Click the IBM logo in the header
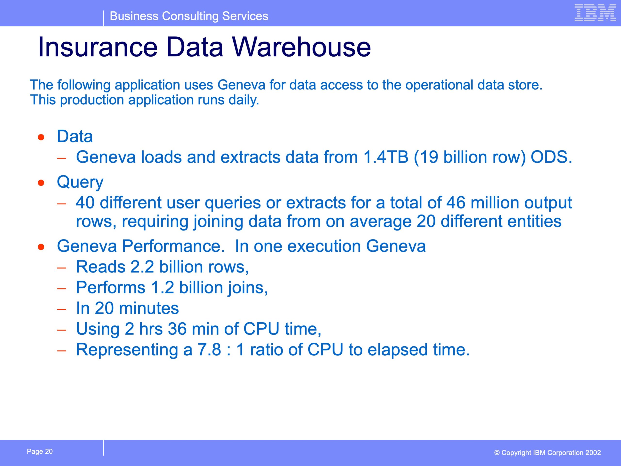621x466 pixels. click(595, 13)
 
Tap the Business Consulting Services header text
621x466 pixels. click(189, 16)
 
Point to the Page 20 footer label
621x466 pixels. click(40, 451)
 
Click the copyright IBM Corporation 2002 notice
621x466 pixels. click(547, 452)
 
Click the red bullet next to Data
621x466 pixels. click(41, 137)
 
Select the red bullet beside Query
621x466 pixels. click(41, 183)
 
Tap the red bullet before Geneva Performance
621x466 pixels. click(41, 247)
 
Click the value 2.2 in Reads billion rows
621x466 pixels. click(142, 266)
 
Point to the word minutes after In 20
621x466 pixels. click(149, 308)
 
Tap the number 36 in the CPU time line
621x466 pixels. click(177, 329)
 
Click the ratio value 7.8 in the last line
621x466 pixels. click(209, 350)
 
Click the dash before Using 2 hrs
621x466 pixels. click(61, 330)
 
